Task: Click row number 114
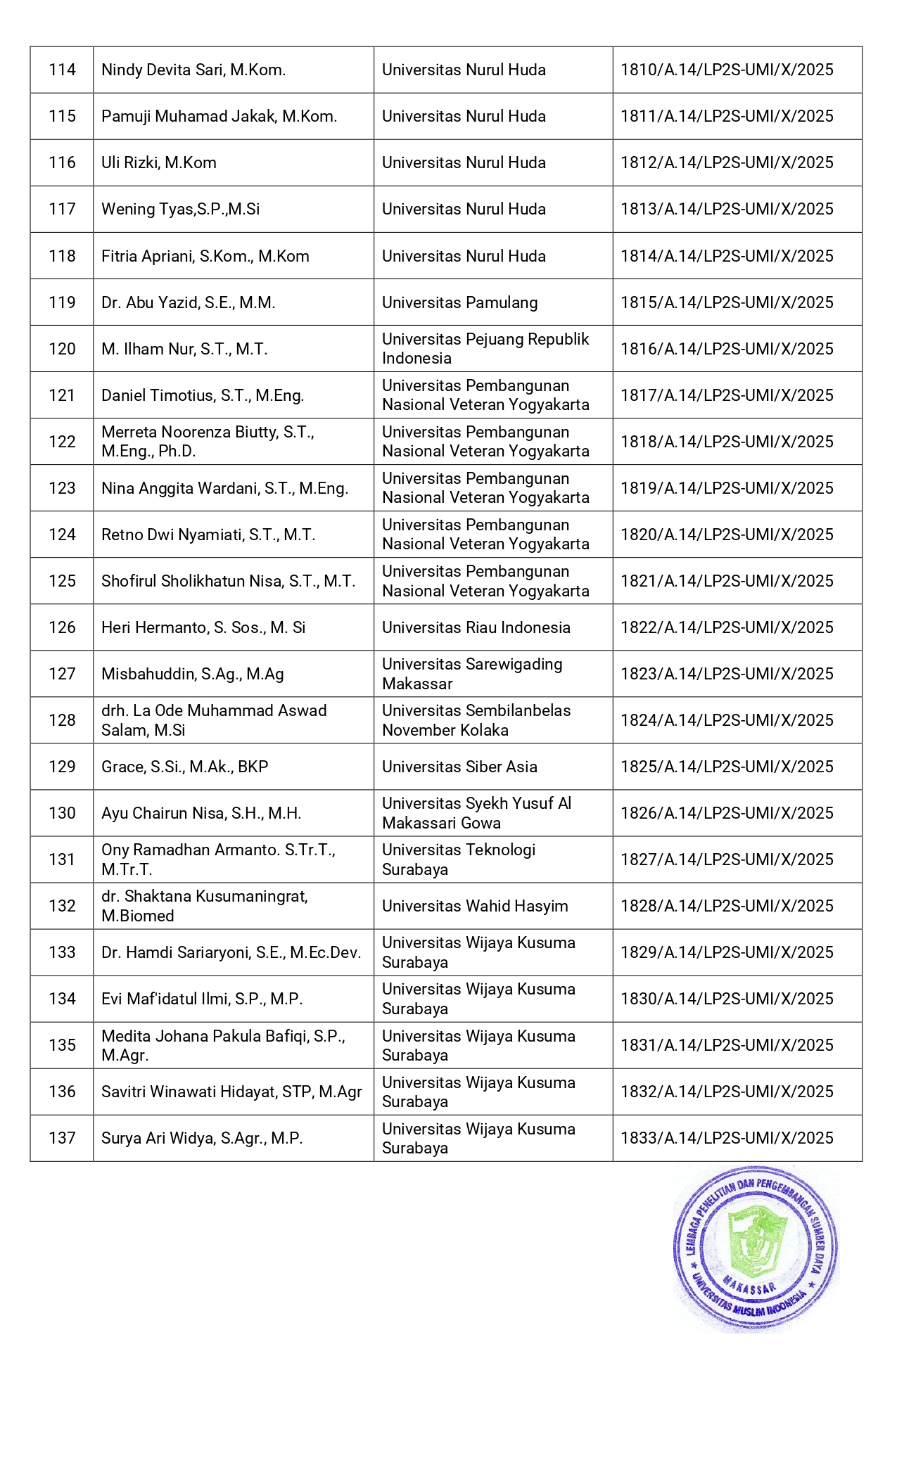[62, 70]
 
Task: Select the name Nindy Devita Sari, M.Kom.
[193, 70]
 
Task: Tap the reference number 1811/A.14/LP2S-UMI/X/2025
[727, 116]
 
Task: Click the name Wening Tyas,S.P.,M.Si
[181, 209]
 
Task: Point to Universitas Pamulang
[459, 302]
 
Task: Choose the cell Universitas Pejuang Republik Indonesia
[485, 348]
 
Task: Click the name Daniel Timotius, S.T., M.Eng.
[203, 395]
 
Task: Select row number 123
[62, 488]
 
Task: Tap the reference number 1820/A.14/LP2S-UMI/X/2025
[727, 535]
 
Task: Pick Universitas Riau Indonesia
[476, 627]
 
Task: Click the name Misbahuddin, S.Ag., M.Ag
[193, 674]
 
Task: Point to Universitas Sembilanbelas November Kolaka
[476, 720]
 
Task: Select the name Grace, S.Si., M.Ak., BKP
[185, 767]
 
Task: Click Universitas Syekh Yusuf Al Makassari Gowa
[476, 813]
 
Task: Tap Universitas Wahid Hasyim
[475, 906]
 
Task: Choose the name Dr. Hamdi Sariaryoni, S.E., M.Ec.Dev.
[231, 952]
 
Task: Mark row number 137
[62, 1138]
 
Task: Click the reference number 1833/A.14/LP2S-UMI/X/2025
[727, 1138]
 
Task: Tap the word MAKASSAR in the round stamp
[750, 1287]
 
